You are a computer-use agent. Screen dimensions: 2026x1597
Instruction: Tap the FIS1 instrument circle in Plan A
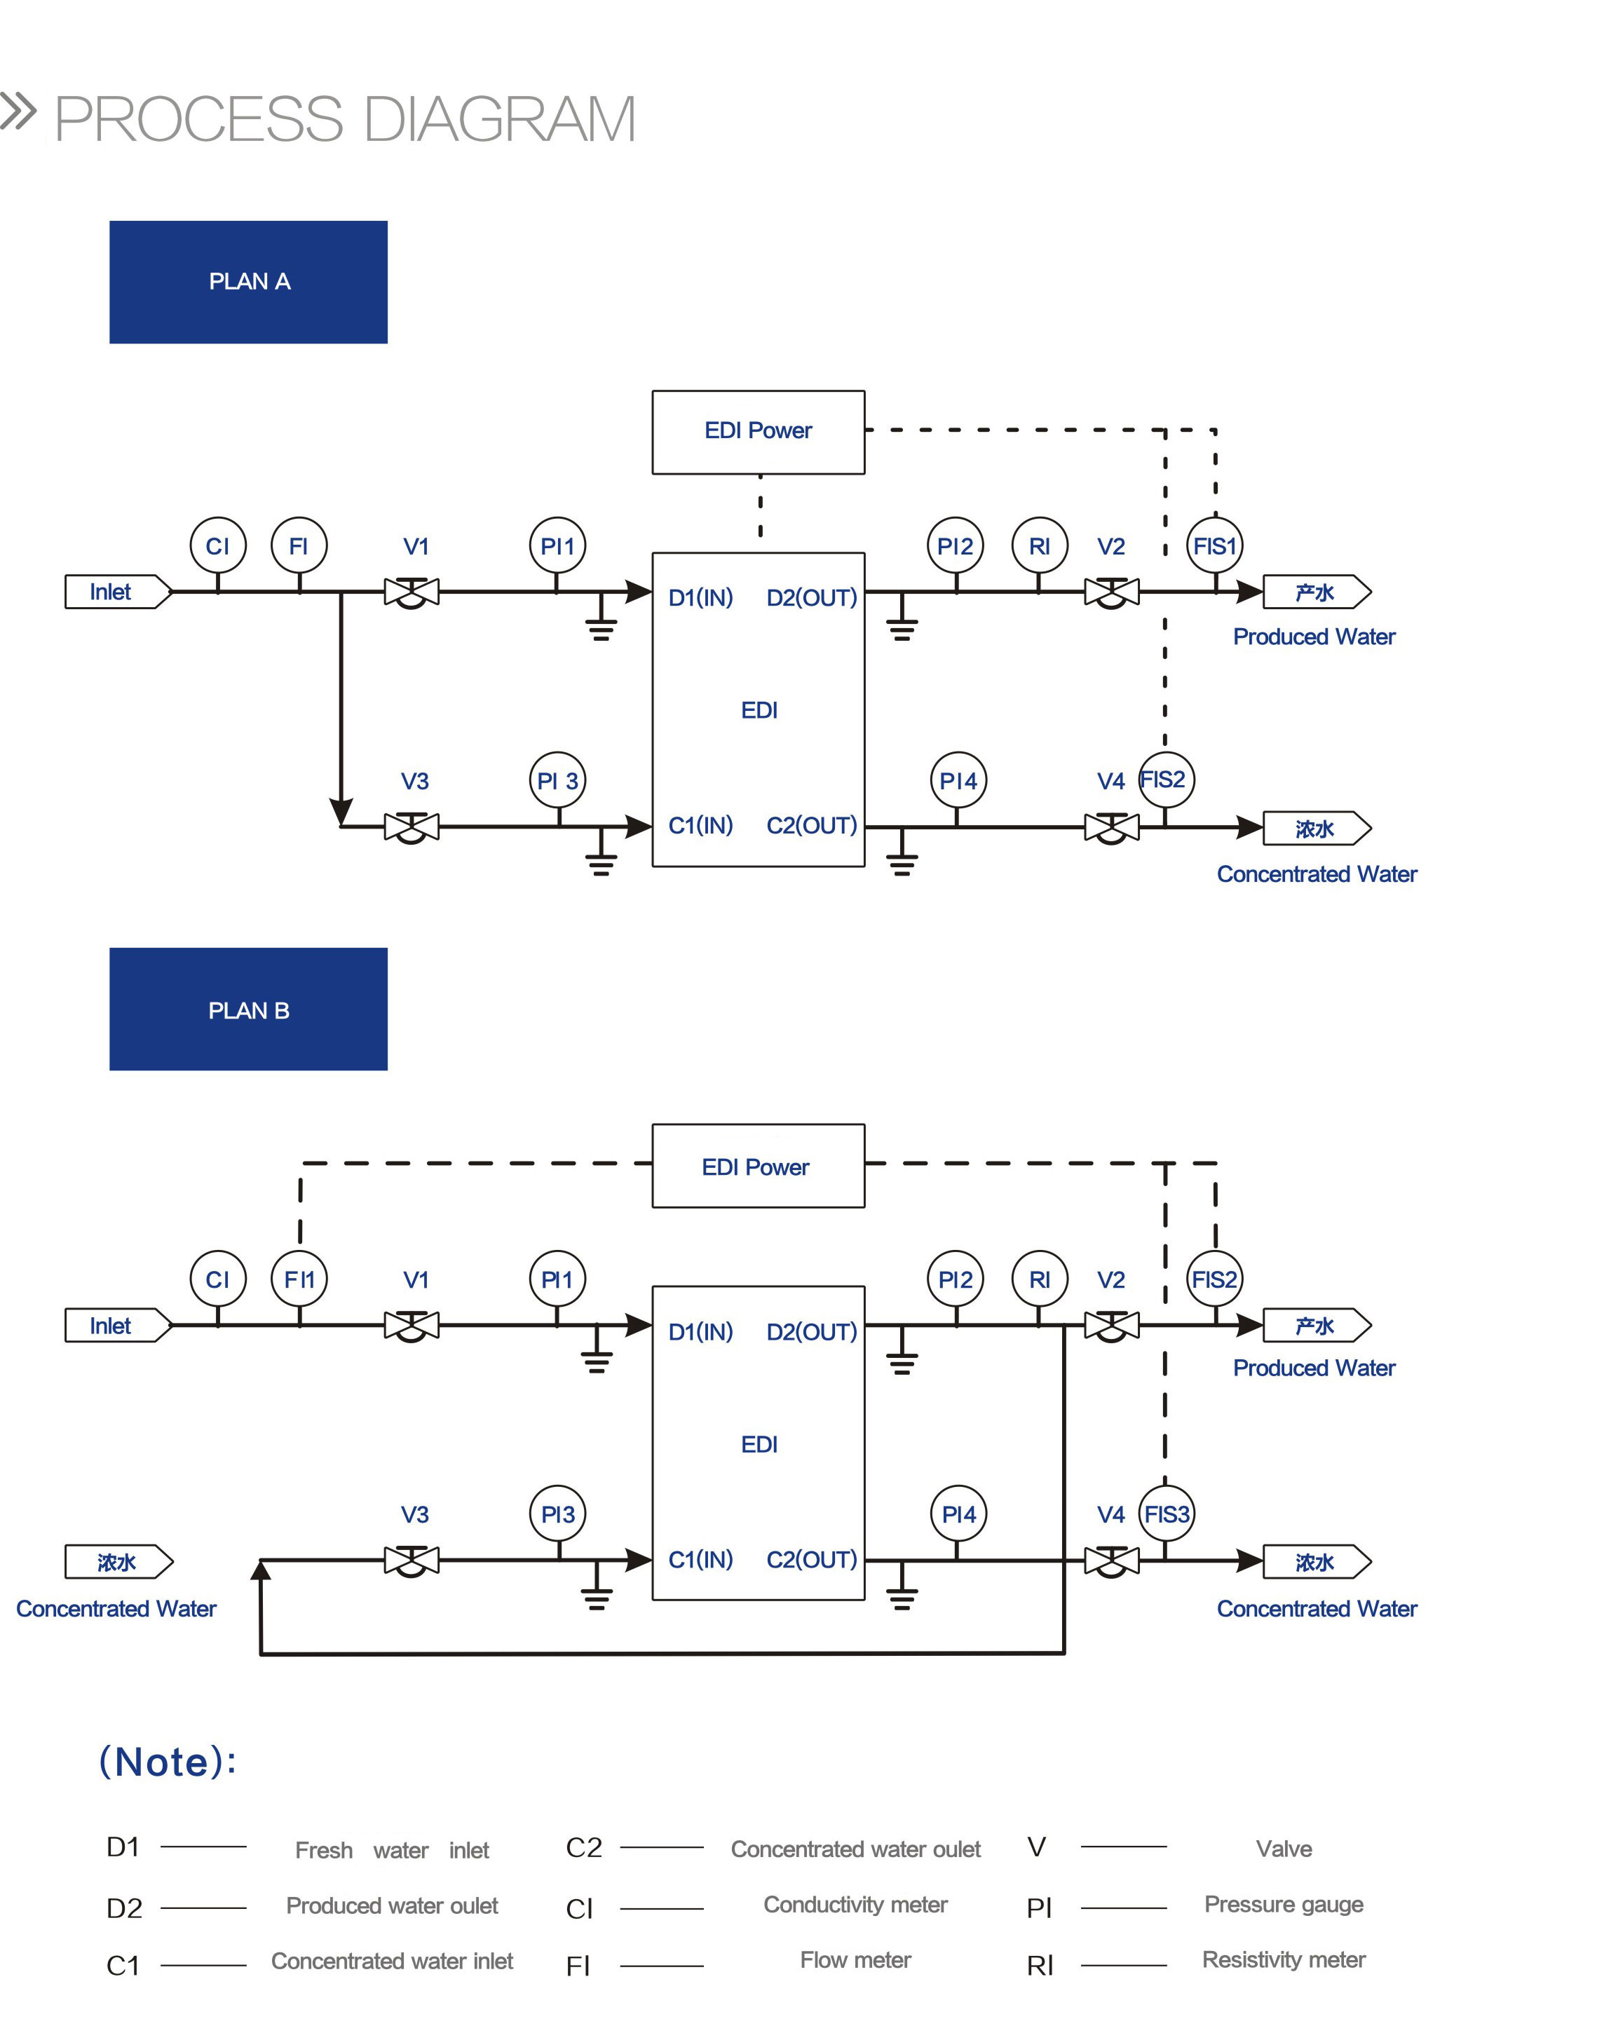tap(1215, 545)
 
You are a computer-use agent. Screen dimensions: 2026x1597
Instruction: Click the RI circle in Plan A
tap(1039, 545)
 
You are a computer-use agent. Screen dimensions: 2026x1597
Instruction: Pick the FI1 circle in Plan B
tap(299, 1278)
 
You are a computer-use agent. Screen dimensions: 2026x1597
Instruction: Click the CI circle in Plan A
tap(218, 545)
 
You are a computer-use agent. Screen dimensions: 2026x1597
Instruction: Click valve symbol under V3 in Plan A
tap(412, 827)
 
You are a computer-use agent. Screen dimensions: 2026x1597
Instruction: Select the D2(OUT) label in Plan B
tap(810, 1331)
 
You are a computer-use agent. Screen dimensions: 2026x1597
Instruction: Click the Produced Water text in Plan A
tap(1313, 637)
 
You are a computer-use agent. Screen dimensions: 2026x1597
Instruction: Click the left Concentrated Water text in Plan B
tap(116, 1608)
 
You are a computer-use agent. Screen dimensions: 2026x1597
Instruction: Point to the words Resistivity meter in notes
tap(1283, 1959)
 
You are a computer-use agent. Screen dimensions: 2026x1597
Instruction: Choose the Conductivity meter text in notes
tap(855, 1905)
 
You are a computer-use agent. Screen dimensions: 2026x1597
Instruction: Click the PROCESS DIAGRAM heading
tap(344, 120)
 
